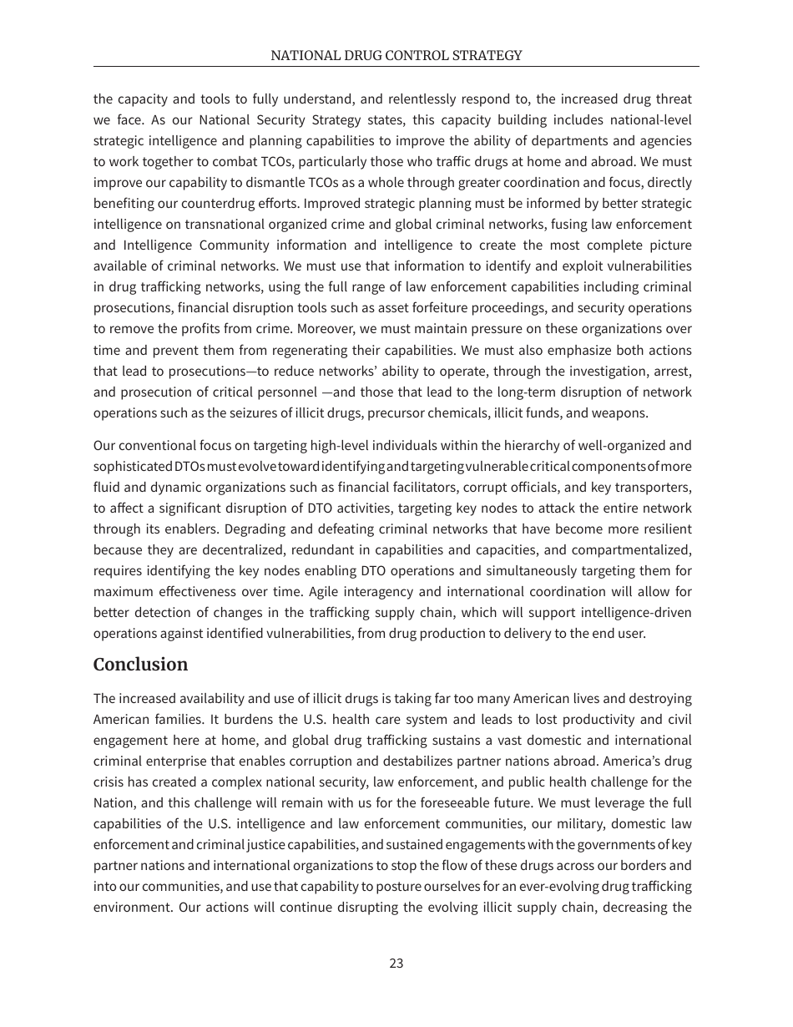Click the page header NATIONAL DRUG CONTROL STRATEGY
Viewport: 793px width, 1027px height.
396,56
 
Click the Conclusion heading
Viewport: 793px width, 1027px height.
140,665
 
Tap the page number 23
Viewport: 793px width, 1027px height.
396,963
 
